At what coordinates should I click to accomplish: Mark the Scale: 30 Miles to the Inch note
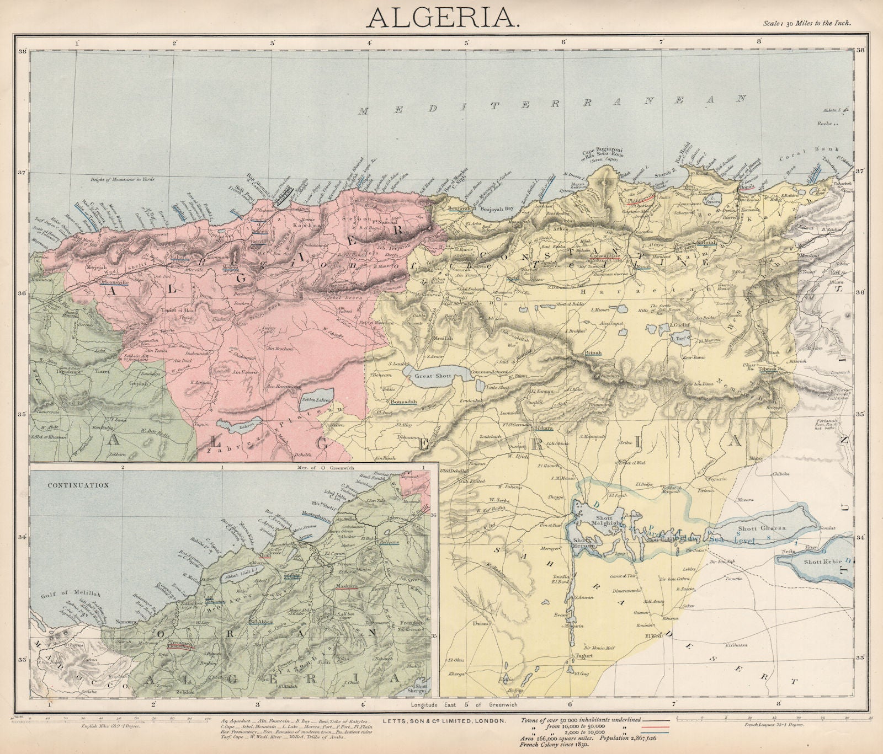pos(807,23)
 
